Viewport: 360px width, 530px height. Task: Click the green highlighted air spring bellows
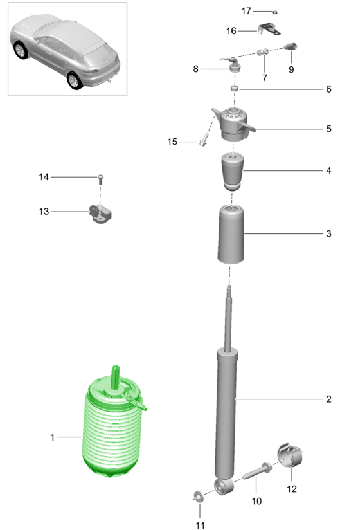pos(111,429)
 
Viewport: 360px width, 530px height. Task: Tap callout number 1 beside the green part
pos(52,437)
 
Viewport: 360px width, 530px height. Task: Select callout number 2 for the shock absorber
pos(328,399)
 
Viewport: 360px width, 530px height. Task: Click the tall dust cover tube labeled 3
pos(231,234)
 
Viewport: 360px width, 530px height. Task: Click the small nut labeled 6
pos(235,89)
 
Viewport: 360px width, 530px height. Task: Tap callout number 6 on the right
pos(328,89)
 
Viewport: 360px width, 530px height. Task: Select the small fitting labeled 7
pos(263,51)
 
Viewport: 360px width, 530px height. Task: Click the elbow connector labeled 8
pos(233,65)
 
